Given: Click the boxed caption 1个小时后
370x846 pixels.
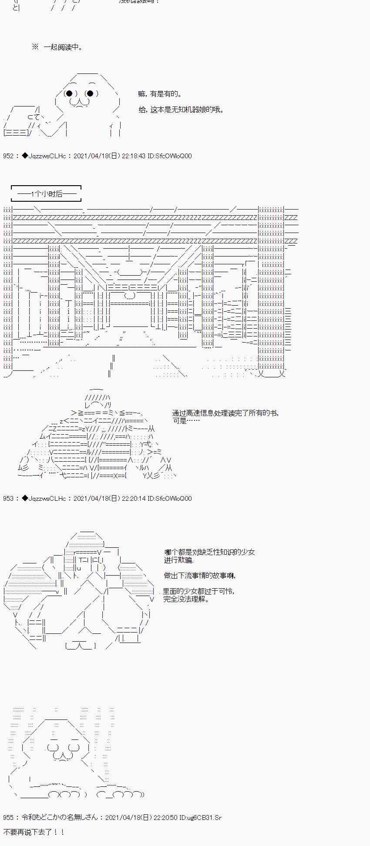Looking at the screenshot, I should click(46, 194).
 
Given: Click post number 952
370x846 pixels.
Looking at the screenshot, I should click(8, 156).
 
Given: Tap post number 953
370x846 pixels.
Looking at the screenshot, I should click(8, 499).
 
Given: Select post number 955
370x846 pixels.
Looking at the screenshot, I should click(8, 817).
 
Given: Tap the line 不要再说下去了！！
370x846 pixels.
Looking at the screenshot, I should click(34, 832).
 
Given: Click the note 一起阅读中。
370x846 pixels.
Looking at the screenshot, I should click(63, 47).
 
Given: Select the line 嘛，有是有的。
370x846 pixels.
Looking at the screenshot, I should click(160, 94).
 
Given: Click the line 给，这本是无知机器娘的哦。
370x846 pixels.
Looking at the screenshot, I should click(181, 110).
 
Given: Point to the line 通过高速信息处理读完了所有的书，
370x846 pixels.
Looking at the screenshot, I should click(225, 413).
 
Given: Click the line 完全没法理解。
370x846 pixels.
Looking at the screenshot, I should click(186, 599).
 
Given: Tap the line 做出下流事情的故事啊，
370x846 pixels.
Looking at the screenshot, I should click(200, 576).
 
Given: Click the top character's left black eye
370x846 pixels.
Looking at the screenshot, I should click(69, 93).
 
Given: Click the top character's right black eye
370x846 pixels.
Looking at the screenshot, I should click(90, 93).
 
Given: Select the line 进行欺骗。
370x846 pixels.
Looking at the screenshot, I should click(179, 560).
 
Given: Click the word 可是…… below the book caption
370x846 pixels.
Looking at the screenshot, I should click(186, 421).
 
